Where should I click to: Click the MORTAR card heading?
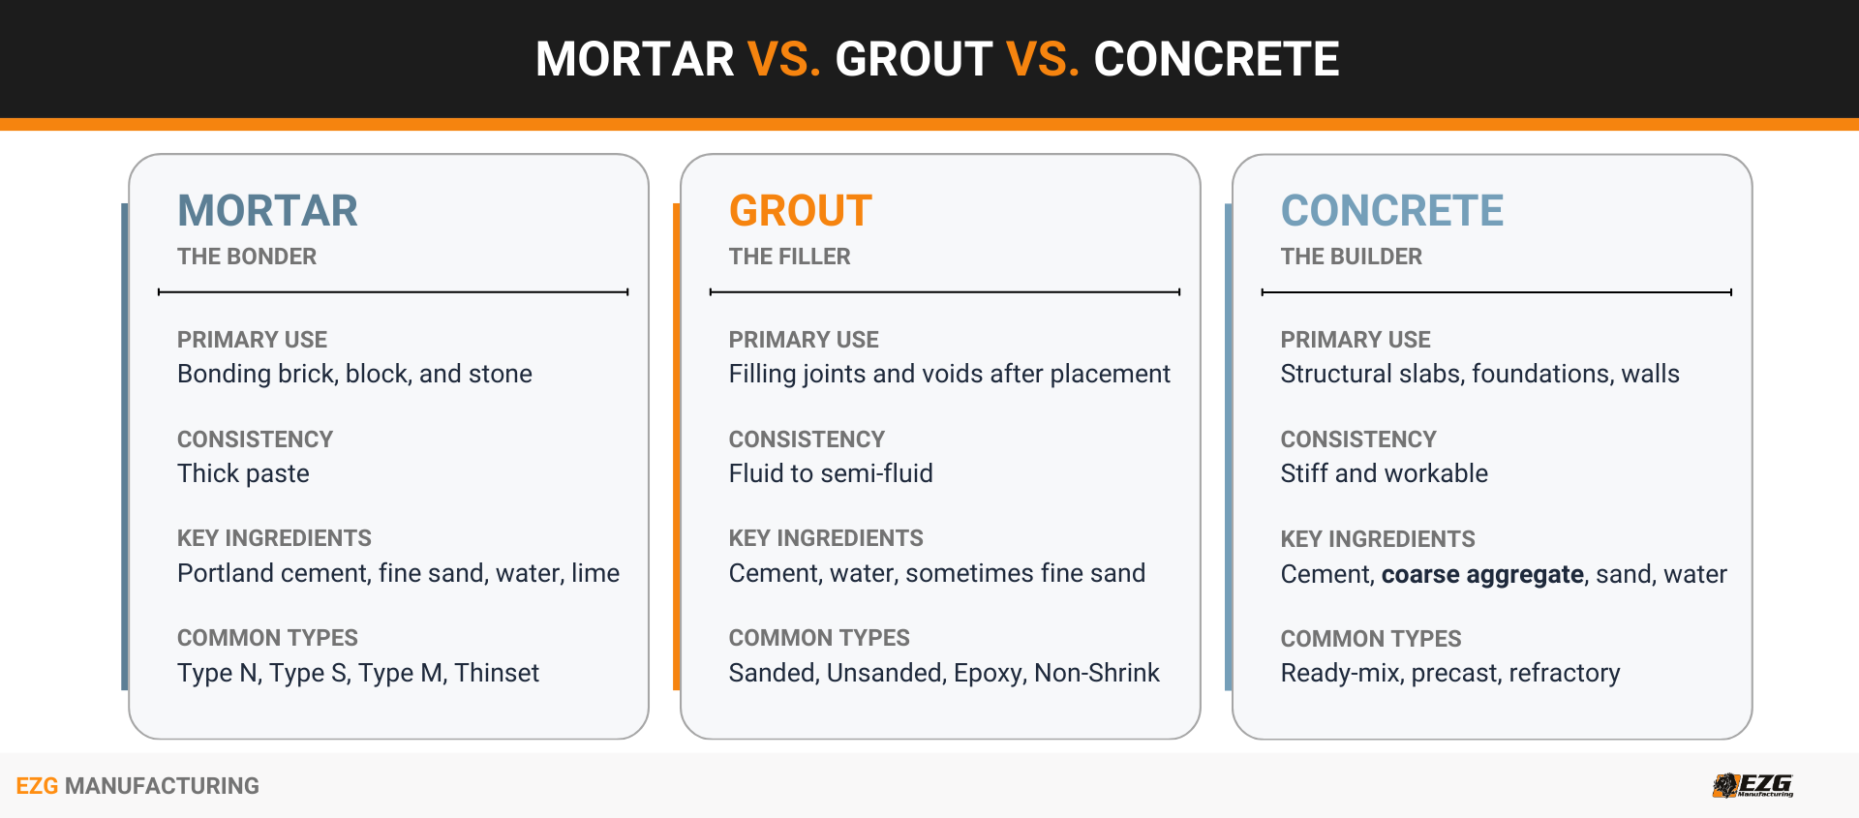pos(267,211)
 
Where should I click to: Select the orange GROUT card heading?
pos(800,211)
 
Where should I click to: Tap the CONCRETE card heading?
pos(1391,211)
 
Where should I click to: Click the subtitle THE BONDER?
pos(246,257)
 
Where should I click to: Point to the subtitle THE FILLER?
pos(789,257)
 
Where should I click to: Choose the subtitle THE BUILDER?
pos(1351,257)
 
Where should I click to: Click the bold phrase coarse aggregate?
pos(1481,574)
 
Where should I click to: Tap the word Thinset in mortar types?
pos(497,673)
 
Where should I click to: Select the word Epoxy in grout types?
pos(990,673)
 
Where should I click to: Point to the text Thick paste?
pos(243,473)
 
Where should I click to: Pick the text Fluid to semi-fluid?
pos(831,473)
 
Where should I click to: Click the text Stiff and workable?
pos(1384,473)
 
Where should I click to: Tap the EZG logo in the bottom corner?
pos(1752,785)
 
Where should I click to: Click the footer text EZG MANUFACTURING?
pos(137,786)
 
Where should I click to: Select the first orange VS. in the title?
pos(784,59)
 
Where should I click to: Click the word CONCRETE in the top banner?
pos(1216,59)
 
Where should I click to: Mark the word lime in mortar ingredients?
pos(595,573)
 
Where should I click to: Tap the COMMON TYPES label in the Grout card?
pos(819,638)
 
